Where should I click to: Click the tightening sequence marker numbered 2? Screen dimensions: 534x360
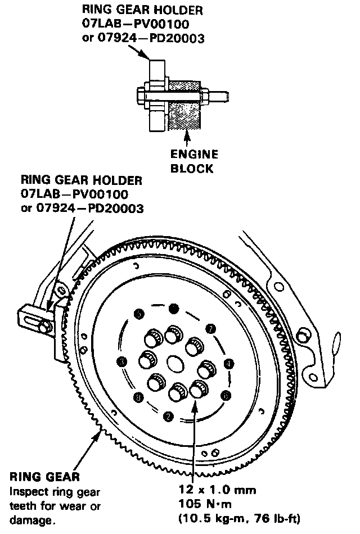point(168,417)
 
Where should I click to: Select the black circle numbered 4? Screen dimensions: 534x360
point(229,364)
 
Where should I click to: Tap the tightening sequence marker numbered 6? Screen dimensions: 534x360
point(226,395)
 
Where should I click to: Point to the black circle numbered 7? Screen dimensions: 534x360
point(210,328)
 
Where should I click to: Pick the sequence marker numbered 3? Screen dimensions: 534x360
point(121,361)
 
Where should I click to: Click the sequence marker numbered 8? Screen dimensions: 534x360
point(138,398)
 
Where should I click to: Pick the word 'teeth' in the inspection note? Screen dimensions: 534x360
point(24,505)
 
